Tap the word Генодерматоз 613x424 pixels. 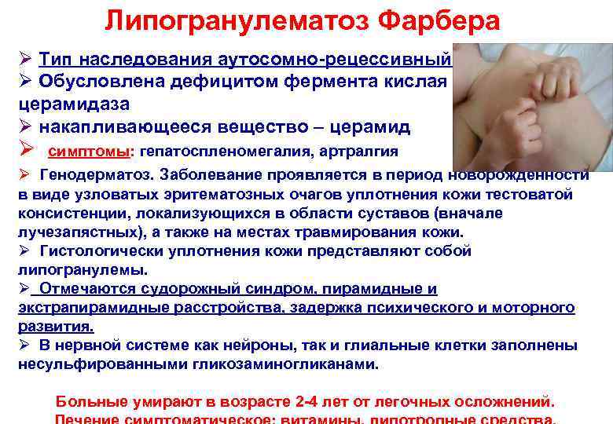[x=89, y=175]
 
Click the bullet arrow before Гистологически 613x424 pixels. [x=26, y=251]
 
